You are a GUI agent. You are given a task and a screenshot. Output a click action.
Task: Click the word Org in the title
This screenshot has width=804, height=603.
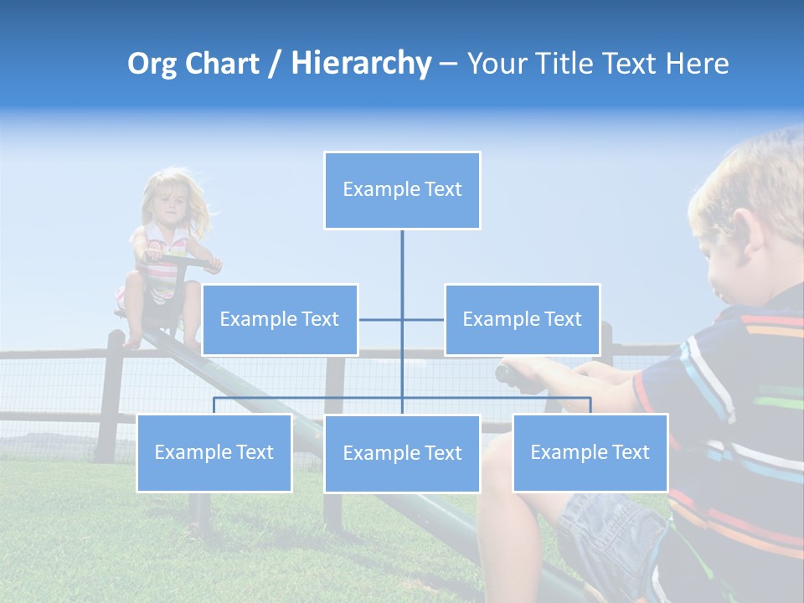(x=151, y=64)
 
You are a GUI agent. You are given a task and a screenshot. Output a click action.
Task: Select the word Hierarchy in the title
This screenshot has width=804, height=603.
(x=360, y=64)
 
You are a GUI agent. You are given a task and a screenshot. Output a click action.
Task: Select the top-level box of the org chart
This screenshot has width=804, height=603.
(x=402, y=190)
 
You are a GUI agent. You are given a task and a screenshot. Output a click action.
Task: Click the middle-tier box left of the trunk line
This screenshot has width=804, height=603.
(x=280, y=319)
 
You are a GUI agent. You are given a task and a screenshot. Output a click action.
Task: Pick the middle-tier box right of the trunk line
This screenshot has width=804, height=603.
(x=522, y=319)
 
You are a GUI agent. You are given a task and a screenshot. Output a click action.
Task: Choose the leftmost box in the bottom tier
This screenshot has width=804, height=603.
(x=214, y=453)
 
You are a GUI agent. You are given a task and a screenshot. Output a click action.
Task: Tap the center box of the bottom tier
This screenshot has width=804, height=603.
(x=402, y=454)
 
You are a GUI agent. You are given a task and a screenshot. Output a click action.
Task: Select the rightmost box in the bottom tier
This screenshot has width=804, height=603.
(x=590, y=453)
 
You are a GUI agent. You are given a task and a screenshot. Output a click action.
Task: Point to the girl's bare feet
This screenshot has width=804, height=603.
(x=134, y=341)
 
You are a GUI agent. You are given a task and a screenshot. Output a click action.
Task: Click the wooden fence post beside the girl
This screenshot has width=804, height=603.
(x=111, y=394)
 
